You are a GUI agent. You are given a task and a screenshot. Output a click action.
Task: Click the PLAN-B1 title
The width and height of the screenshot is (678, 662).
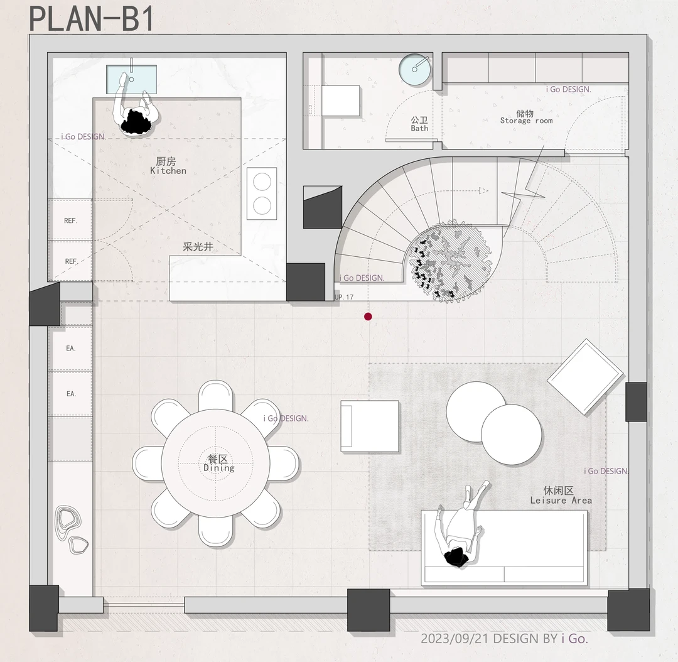(x=91, y=19)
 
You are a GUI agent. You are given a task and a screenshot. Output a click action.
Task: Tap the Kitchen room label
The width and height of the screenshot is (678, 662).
(x=168, y=166)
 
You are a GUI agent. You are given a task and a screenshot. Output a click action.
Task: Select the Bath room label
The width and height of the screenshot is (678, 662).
(x=419, y=124)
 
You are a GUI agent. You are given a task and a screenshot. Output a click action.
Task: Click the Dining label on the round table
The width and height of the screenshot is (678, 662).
(x=219, y=464)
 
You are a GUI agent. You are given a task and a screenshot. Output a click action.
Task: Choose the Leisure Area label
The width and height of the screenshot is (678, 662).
(x=561, y=496)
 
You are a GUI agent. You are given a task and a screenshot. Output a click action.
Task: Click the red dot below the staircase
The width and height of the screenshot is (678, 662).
(x=368, y=317)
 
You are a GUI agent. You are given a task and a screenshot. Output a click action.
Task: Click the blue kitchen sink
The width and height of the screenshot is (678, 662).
(x=131, y=79)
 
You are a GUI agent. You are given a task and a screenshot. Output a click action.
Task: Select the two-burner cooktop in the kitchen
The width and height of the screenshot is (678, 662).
(x=262, y=193)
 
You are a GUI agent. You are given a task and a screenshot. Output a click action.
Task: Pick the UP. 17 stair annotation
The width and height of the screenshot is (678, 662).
(x=344, y=297)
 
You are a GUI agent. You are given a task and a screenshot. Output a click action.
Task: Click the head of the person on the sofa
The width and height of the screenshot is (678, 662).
(x=456, y=557)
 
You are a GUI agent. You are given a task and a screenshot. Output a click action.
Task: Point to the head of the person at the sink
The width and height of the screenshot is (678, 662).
(x=136, y=122)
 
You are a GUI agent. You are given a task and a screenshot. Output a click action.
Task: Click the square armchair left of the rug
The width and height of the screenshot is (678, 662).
(x=370, y=426)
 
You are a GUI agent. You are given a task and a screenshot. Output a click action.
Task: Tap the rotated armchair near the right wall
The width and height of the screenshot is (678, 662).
(x=586, y=377)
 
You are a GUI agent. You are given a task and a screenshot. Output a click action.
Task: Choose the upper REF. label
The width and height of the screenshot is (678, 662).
(x=70, y=220)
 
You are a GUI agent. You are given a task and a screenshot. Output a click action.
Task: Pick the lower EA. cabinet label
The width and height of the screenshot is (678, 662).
(x=71, y=394)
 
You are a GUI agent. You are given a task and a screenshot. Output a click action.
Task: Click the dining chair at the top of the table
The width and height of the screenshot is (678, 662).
(x=216, y=396)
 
